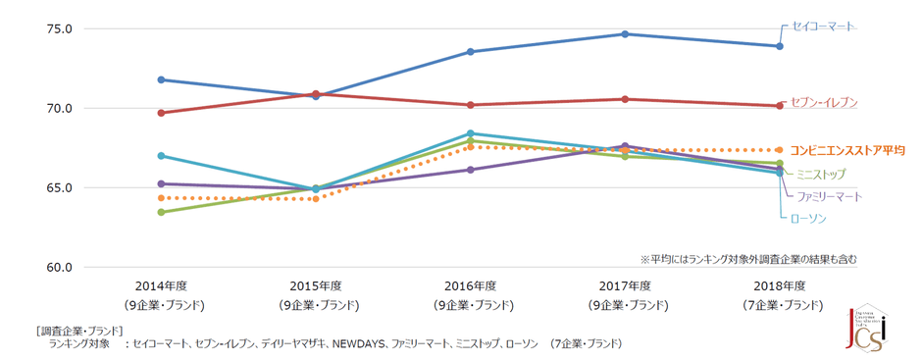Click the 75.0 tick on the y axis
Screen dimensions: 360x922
pyautogui.click(x=60, y=28)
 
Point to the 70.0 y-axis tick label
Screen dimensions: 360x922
pyautogui.click(x=60, y=108)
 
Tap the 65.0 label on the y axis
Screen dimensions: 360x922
pyautogui.click(x=60, y=187)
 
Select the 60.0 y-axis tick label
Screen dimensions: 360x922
pyautogui.click(x=60, y=267)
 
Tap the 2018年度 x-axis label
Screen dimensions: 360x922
pyautogui.click(x=780, y=285)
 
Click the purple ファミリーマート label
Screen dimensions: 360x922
pyautogui.click(x=829, y=196)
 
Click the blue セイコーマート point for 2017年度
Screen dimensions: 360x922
pyautogui.click(x=625, y=34)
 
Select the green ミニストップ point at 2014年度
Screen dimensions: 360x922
pyautogui.click(x=160, y=212)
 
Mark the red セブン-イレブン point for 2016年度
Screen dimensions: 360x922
pyautogui.click(x=470, y=105)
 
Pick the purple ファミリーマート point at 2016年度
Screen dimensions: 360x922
pyautogui.click(x=470, y=170)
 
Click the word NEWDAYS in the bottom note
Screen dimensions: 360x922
pyautogui.click(x=362, y=344)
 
